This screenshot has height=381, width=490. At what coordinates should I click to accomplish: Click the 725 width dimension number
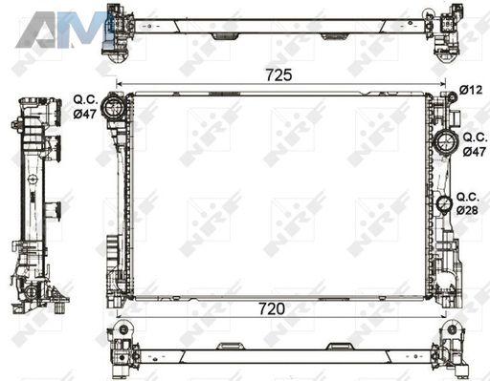pos(278,75)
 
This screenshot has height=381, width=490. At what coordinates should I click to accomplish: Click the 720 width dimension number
pos(272,308)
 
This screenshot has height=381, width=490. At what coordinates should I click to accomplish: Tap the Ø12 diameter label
pos(471,90)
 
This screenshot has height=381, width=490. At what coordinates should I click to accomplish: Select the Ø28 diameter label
pos(467,210)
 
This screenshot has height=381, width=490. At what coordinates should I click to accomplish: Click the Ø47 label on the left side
pos(84,114)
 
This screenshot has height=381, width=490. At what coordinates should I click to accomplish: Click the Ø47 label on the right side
pos(475,152)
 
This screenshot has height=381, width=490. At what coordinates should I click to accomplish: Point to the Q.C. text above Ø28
pos(468,197)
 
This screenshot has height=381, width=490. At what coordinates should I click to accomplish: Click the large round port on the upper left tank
pos(113,107)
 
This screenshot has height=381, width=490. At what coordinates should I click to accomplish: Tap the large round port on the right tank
pos(445,141)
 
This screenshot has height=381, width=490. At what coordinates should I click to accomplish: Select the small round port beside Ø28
pos(444,203)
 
